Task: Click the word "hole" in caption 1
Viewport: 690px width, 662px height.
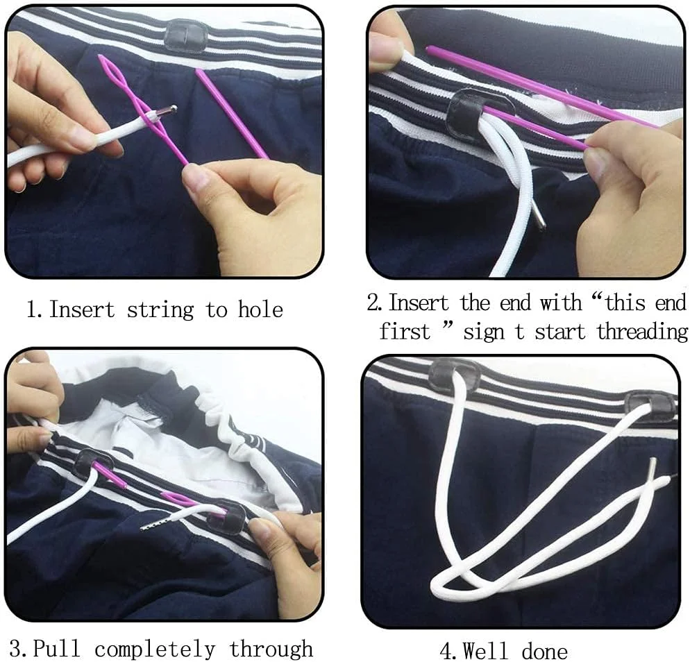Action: (x=260, y=309)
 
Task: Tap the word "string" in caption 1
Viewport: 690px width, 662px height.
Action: (x=160, y=311)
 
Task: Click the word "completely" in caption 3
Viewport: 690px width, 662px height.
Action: (x=155, y=650)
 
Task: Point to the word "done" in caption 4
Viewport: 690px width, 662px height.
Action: (x=544, y=652)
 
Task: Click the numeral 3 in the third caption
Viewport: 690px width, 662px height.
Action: (x=15, y=650)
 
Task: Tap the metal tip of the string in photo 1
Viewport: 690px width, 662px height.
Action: (x=168, y=111)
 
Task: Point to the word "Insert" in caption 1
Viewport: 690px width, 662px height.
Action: (x=82, y=309)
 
